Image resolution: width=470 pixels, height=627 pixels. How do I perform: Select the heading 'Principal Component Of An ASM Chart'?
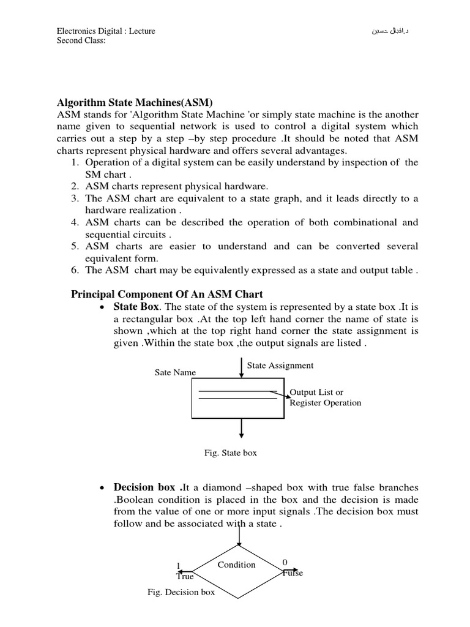pos(168,295)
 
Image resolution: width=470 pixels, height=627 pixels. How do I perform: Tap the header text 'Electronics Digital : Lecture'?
pos(106,31)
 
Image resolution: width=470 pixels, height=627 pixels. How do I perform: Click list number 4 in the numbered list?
pos(76,222)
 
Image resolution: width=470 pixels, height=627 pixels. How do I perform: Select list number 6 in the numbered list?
pos(76,271)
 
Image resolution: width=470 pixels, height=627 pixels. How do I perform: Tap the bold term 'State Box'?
pos(136,306)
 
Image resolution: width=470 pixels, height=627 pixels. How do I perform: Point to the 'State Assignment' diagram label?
pos(280,366)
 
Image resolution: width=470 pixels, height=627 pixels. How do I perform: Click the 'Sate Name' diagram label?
pos(176,372)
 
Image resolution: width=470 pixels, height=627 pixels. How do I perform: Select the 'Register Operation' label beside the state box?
pos(325,403)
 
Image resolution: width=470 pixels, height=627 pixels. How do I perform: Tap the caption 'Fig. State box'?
pos(231,453)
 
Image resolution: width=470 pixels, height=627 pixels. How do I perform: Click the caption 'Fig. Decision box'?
pos(181,592)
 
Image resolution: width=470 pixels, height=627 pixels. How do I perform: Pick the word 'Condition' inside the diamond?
pos(236,565)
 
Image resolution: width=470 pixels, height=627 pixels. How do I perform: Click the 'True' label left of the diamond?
pos(185,576)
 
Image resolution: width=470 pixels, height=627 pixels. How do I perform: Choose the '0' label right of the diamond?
pos(285,562)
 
